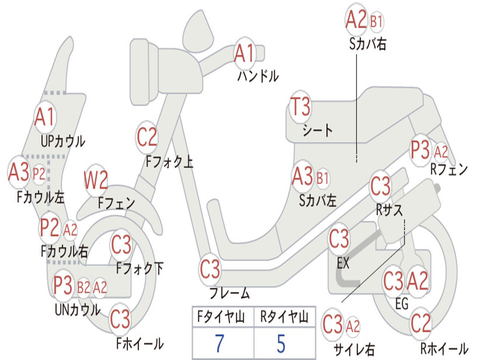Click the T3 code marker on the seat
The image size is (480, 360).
tap(300, 107)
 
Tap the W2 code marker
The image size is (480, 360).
tap(96, 180)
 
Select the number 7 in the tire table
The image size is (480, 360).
tap(219, 343)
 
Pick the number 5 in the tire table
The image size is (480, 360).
tap(281, 343)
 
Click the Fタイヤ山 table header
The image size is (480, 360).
tap(221, 316)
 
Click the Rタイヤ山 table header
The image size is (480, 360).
tap(284, 316)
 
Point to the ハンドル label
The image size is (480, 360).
tap(258, 76)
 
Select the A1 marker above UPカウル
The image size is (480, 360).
tap(45, 117)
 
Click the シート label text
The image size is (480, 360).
tap(317, 130)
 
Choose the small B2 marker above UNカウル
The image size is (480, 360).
tap(83, 287)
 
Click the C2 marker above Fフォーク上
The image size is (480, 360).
tap(147, 137)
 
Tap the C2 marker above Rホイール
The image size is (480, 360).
tap(420, 323)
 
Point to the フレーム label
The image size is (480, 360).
tap(230, 293)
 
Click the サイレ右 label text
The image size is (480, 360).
tap(354, 349)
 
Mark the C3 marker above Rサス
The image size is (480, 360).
tap(381, 186)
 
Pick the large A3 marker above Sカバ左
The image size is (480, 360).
tap(302, 177)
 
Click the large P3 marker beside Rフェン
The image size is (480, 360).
tap(420, 150)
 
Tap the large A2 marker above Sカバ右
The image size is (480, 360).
tap(356, 19)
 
